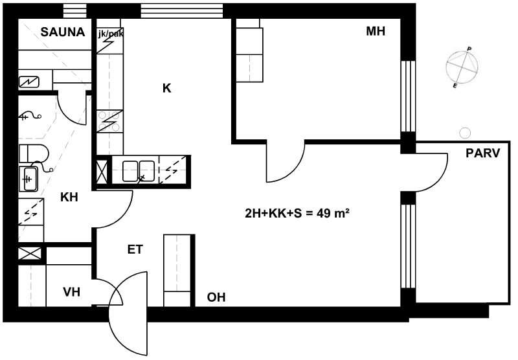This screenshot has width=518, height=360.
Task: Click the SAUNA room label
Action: point(63,32)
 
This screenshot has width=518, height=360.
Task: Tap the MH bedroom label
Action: point(376,31)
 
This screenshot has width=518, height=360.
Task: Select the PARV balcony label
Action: point(482,153)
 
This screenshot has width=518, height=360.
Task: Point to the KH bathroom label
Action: point(69,197)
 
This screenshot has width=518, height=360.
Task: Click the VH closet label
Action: point(71,292)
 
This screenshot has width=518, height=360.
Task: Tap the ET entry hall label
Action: point(135,249)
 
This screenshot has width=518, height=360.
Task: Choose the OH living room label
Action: point(216,297)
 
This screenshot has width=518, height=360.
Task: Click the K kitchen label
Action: point(167,88)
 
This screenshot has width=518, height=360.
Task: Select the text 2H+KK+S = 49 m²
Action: point(297,214)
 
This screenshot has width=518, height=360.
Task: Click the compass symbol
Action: point(462,67)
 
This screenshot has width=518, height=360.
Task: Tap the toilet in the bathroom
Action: point(34,153)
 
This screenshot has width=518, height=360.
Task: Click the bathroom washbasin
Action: point(28,179)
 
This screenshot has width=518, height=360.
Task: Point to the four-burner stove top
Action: point(109,121)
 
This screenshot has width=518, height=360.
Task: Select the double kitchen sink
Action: point(139,171)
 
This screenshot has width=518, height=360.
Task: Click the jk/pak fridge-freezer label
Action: point(111,34)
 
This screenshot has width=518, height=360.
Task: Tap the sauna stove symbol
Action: point(28,82)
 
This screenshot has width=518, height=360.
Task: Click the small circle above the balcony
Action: point(465,133)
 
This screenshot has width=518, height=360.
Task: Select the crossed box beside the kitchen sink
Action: point(102,172)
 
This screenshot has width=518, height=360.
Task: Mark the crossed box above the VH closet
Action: point(30,254)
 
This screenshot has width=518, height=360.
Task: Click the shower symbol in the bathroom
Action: point(31,116)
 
